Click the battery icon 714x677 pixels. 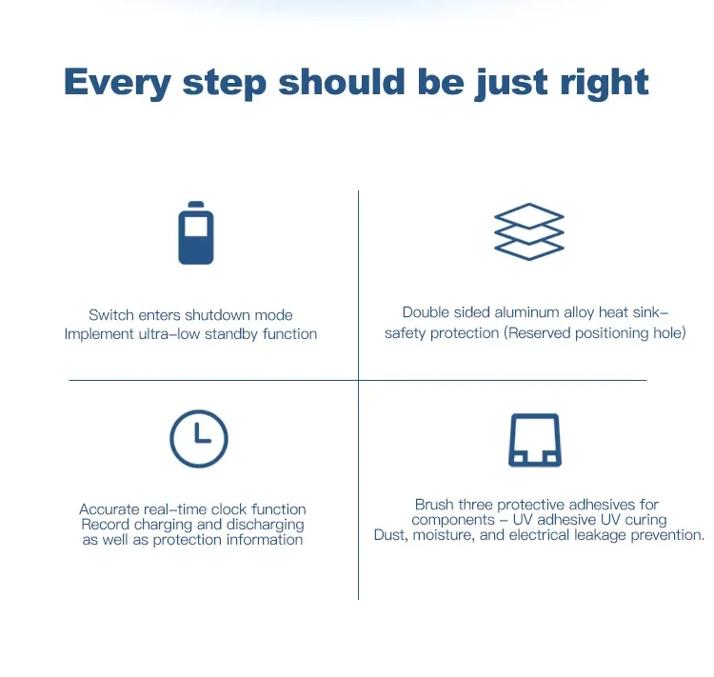196,232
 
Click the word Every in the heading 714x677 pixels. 117,83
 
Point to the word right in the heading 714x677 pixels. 605,83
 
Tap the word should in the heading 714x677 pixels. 342,81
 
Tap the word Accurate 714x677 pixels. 109,508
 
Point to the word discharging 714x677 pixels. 265,525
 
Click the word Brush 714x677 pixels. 434,505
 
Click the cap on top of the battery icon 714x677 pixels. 196,204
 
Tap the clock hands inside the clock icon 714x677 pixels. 202,433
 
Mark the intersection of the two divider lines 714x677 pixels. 358,380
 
